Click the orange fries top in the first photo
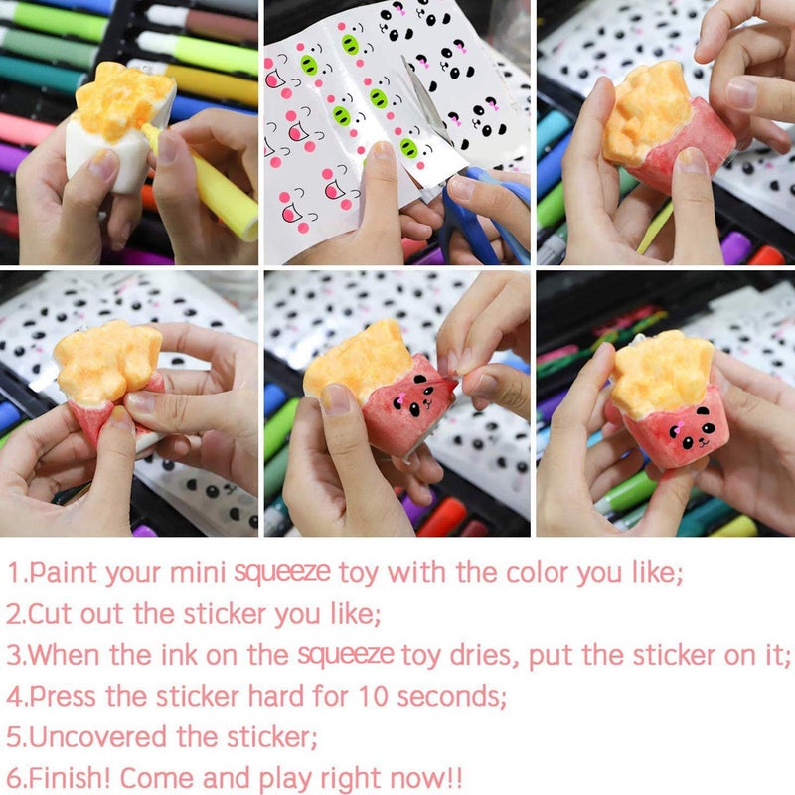coord(123,100)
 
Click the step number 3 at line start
coord(13,655)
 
